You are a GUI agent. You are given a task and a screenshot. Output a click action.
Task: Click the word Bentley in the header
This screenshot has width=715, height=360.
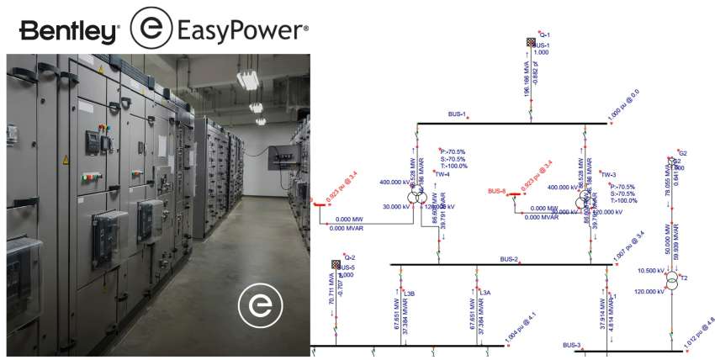point(69,32)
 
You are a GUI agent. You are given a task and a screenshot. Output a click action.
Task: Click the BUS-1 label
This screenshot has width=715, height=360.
point(458,114)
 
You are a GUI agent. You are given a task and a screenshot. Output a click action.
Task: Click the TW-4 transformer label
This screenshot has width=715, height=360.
point(442,174)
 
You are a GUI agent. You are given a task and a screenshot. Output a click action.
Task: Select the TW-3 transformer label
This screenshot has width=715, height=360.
point(609,174)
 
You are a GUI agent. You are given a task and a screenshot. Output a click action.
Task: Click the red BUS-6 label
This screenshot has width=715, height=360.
point(497,191)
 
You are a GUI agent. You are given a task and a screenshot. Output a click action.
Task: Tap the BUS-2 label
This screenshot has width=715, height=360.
point(509,258)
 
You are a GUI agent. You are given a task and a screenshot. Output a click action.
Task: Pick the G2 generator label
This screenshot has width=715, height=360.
point(683,153)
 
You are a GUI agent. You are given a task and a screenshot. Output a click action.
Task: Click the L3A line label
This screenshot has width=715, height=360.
point(485,294)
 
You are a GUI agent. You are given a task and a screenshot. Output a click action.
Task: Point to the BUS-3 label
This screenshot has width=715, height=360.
point(572,345)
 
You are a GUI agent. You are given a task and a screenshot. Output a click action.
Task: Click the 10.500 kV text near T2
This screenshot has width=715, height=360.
point(651,271)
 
